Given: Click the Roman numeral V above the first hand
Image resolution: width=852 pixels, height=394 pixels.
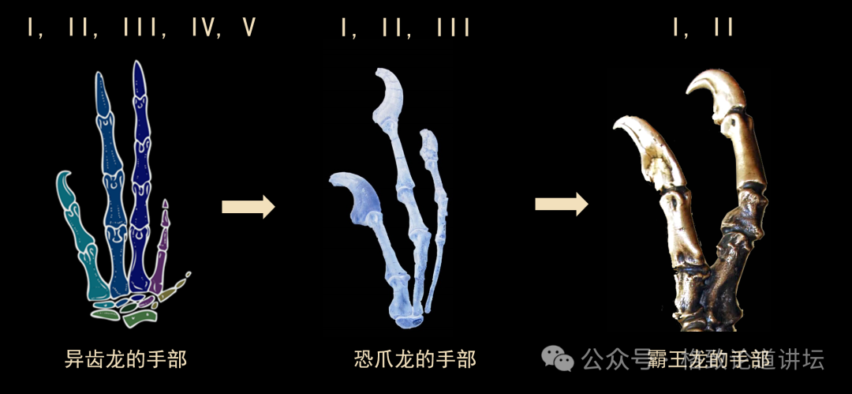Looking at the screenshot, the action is (x=249, y=28).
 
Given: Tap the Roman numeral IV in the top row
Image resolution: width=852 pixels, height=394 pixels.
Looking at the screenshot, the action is (x=204, y=28).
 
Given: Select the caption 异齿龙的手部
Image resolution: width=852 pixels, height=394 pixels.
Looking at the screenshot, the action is (x=125, y=359).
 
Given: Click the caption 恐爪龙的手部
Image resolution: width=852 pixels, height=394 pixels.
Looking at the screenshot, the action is (x=415, y=359).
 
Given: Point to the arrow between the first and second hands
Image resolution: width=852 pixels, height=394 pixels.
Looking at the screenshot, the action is (x=248, y=207).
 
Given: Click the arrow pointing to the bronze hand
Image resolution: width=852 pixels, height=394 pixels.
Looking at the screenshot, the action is (x=562, y=205).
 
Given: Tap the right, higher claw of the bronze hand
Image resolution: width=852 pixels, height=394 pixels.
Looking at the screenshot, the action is (x=714, y=90).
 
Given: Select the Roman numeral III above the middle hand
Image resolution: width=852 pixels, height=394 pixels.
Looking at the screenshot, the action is (x=453, y=28).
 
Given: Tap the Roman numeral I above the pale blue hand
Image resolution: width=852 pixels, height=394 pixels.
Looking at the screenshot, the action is (x=345, y=28).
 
